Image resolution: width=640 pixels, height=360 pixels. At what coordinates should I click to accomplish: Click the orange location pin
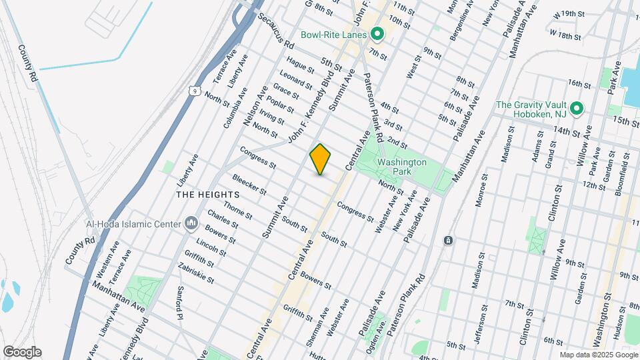pyautogui.click(x=320, y=159)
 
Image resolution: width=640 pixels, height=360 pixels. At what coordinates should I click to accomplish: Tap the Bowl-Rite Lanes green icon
pyautogui.click(x=377, y=33)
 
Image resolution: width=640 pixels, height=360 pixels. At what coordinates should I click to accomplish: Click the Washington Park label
pyautogui.click(x=401, y=167)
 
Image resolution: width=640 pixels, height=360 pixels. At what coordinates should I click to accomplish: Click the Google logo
pyautogui.click(x=22, y=352)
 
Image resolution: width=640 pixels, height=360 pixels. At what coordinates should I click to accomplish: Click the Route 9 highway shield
pyautogui.click(x=193, y=90)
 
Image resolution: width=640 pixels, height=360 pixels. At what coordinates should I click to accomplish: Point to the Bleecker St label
pyautogui.click(x=249, y=185)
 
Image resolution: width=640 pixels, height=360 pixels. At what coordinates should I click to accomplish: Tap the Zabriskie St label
pyautogui.click(x=196, y=273)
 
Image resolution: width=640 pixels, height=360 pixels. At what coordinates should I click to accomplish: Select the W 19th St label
pyautogui.click(x=569, y=13)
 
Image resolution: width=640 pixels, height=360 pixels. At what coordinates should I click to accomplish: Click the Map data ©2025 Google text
pyautogui.click(x=598, y=355)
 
